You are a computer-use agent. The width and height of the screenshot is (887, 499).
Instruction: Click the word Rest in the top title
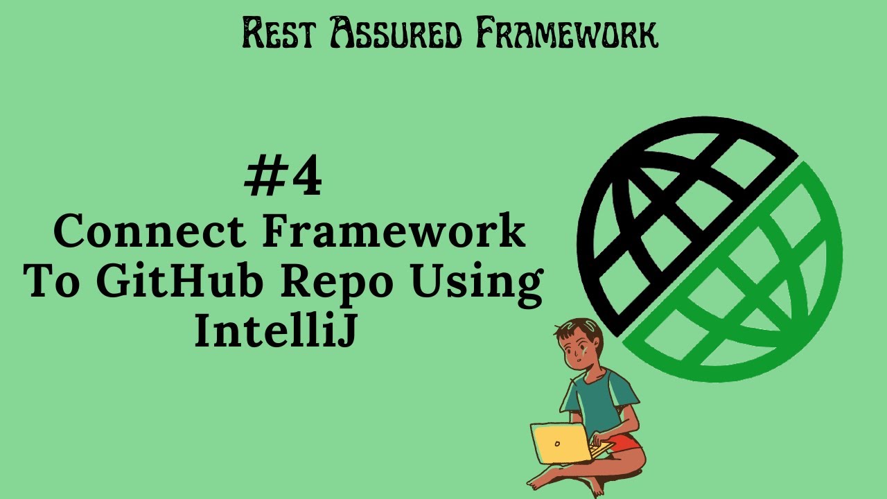[x=279, y=33]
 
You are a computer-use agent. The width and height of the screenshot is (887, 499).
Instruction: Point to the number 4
[x=305, y=178]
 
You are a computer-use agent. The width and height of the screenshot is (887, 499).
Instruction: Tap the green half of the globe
[x=755, y=291]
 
